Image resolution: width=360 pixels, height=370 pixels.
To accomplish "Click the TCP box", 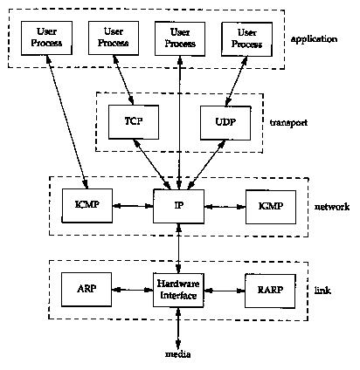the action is [134, 122].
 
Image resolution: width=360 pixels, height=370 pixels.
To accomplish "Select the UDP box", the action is [225, 122].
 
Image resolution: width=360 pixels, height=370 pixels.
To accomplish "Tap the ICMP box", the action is [87, 206].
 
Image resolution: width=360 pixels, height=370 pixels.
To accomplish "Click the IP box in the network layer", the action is [178, 206].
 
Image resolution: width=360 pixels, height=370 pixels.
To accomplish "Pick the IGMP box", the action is [271, 207].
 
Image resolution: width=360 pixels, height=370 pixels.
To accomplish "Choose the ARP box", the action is [87, 290].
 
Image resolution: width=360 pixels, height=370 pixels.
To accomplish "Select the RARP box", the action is [270, 291].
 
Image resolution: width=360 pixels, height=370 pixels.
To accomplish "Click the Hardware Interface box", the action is [178, 290].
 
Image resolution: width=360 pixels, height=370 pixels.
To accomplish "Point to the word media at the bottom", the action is [178, 354].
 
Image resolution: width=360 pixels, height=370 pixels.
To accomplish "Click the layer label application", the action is [314, 39].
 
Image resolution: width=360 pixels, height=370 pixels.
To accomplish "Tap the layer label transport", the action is [288, 122].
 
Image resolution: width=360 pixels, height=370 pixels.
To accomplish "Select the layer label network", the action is [332, 207].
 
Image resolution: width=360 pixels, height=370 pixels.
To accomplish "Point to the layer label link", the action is [322, 291].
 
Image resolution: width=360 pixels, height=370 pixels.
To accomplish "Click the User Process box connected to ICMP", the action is [46, 38].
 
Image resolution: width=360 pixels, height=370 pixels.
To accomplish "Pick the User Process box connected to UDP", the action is [247, 39].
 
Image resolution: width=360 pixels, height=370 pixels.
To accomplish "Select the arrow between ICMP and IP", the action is [133, 206].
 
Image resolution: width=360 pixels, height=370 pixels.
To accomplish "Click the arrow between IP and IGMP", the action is [225, 207].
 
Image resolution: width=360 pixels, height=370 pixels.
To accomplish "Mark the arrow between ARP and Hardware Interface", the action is [133, 290].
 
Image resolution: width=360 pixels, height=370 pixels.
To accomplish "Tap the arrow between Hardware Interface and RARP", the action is [225, 291].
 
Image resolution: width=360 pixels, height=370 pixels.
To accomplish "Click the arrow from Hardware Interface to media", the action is [178, 328].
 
